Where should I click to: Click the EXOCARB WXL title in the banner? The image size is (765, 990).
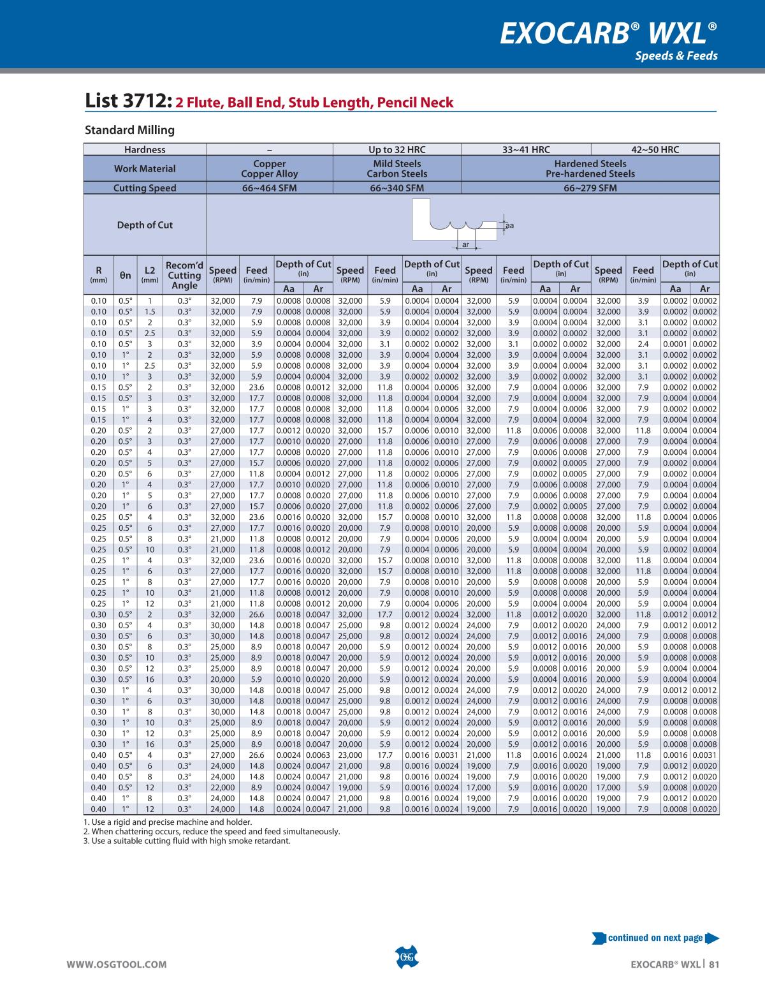coord(608,33)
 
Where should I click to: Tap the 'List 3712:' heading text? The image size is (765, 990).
coord(128,101)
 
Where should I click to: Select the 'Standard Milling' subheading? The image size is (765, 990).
coord(129,130)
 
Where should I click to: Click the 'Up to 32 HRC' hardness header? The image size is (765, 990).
coord(397,150)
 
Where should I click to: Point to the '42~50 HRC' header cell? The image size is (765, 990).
coord(655,150)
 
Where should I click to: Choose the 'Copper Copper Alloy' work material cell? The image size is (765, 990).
coord(269,168)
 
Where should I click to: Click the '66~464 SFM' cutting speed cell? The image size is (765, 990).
coord(269,188)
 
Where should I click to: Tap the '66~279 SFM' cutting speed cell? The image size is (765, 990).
coord(590,188)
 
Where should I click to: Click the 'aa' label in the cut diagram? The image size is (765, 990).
coord(509,225)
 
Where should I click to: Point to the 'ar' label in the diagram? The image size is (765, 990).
coord(465,244)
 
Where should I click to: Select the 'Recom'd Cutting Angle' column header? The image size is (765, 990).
coord(184,276)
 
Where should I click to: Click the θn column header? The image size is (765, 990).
coord(126,276)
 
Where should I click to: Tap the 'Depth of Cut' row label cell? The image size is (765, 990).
coord(145,225)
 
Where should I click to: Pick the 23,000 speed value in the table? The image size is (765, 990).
coord(350,755)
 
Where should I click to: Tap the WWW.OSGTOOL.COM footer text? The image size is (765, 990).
coord(117,964)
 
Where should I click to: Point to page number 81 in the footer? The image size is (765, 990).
coord(714,964)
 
